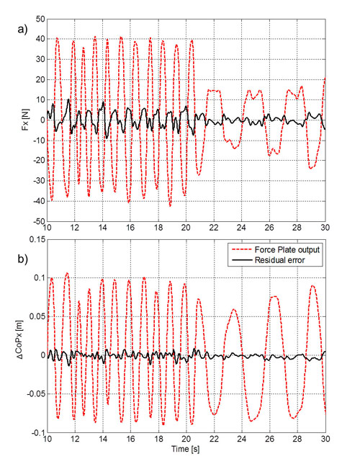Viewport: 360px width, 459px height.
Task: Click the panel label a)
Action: point(22,30)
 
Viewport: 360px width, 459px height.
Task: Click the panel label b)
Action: point(22,259)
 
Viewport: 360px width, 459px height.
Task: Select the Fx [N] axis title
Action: point(26,120)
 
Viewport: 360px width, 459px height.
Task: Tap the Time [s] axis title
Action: point(186,449)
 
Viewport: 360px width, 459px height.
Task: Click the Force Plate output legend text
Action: point(287,250)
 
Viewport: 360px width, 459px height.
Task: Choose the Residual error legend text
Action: point(280,260)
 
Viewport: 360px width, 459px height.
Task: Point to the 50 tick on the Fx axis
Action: point(40,19)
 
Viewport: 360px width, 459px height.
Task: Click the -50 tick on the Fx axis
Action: point(39,222)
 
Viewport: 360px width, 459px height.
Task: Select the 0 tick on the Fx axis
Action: point(42,120)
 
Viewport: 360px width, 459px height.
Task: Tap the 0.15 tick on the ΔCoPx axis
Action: point(37,239)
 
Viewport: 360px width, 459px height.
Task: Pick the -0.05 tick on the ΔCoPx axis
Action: point(36,393)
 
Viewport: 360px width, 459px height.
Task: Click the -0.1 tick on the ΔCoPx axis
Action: point(37,432)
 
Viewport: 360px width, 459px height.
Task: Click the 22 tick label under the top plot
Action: point(214,228)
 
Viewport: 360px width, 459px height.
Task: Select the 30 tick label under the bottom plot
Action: point(325,439)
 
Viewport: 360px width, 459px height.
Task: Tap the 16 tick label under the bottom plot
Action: point(130,439)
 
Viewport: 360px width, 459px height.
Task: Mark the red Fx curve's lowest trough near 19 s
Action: point(170,206)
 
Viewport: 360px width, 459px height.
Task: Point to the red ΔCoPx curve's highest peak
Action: point(67,273)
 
